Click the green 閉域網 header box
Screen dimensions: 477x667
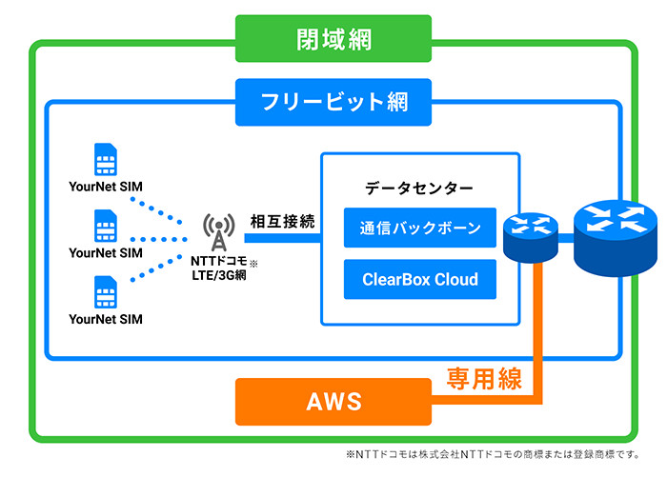click(x=333, y=40)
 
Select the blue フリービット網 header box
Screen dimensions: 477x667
click(x=333, y=101)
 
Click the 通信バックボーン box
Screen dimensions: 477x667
click(x=420, y=229)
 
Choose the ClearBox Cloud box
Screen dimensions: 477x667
click(x=420, y=280)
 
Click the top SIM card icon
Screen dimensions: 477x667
click(x=106, y=159)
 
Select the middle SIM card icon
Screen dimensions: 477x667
click(x=106, y=226)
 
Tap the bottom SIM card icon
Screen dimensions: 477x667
click(x=106, y=292)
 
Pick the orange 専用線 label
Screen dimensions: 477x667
click(x=485, y=380)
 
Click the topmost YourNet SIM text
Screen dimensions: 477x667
click(x=106, y=187)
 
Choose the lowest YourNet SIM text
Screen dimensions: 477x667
click(x=106, y=320)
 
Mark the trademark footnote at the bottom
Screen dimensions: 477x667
click(x=493, y=455)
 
